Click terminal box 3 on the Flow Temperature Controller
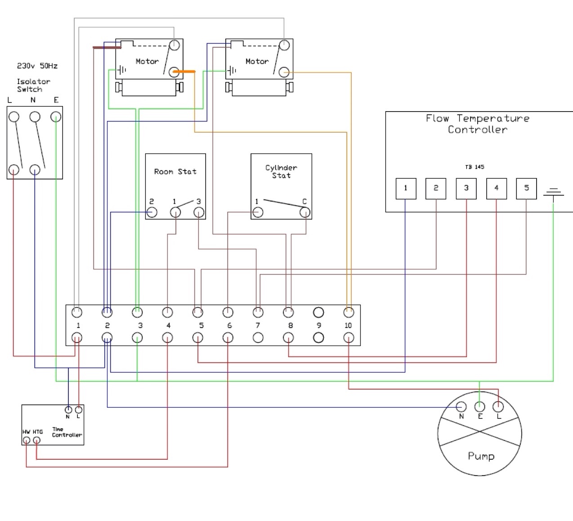click(466, 189)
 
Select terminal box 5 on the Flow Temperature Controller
click(526, 189)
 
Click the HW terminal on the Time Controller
click(26, 440)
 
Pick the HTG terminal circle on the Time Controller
click(36, 440)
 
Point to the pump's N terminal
click(461, 406)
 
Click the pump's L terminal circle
click(498, 406)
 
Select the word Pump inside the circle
click(481, 456)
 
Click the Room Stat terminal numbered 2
click(152, 212)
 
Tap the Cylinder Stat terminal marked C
click(305, 212)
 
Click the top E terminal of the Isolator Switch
click(56, 117)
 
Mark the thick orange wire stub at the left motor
click(184, 72)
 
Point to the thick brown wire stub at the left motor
click(107, 47)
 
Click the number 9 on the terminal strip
click(319, 325)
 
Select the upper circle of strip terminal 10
click(349, 312)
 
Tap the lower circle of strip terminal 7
click(258, 338)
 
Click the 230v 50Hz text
click(37, 66)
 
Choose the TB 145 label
click(475, 167)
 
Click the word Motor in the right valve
click(257, 61)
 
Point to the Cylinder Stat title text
click(281, 171)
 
